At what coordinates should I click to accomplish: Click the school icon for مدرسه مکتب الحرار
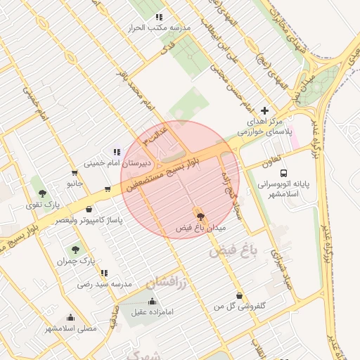click(160, 17)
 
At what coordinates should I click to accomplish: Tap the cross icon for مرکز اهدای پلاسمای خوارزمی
click(264, 110)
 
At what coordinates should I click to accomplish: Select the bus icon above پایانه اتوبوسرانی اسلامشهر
click(283, 172)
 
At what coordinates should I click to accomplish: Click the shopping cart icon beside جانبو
click(75, 173)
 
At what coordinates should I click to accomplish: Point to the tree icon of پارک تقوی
click(42, 193)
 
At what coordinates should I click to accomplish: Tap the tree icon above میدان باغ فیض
click(200, 217)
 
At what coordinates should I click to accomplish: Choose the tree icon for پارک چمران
click(75, 250)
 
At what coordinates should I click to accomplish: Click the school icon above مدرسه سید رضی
click(104, 273)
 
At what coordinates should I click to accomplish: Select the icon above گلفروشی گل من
click(240, 296)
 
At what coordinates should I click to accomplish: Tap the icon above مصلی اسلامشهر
click(70, 317)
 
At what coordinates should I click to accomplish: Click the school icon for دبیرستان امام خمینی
click(117, 152)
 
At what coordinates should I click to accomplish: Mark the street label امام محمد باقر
click(139, 97)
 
